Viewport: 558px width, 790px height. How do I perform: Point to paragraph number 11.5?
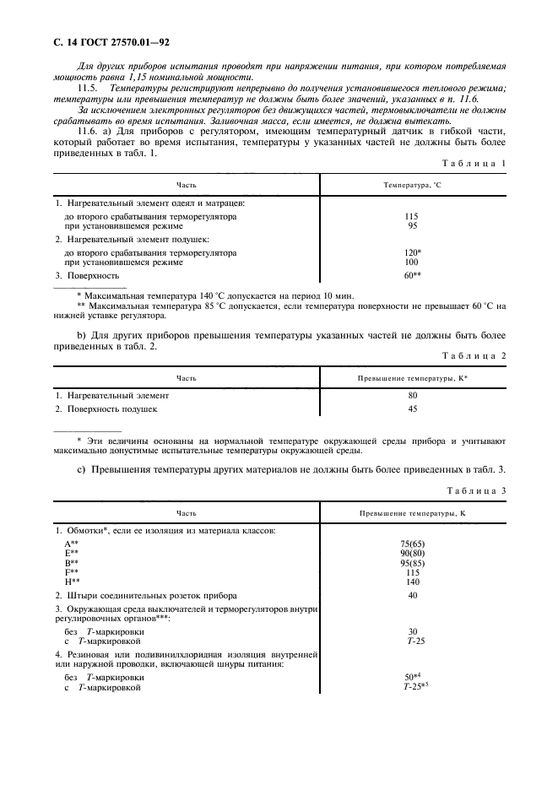tap(89, 89)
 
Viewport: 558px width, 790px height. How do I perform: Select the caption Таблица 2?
tap(474, 356)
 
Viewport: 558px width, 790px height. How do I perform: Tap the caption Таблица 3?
tap(474, 490)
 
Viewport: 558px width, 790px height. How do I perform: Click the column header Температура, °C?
tap(413, 183)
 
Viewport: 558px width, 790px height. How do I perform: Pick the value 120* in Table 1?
tap(413, 252)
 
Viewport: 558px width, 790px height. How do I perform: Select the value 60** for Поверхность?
tap(413, 275)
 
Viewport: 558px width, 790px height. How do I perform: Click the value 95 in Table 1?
tap(413, 226)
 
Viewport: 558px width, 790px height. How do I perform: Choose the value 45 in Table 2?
tap(413, 409)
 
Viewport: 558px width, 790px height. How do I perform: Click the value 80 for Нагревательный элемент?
tap(413, 394)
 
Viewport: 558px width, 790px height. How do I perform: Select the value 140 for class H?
tap(413, 582)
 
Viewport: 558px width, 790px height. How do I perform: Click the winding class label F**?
tap(72, 572)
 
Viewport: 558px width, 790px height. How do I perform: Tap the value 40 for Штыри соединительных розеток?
tap(413, 596)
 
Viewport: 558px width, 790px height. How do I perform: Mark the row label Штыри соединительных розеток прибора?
tap(145, 596)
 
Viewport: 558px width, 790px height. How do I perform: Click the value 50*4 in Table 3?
tap(413, 677)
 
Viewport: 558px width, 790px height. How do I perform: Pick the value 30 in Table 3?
tap(413, 631)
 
